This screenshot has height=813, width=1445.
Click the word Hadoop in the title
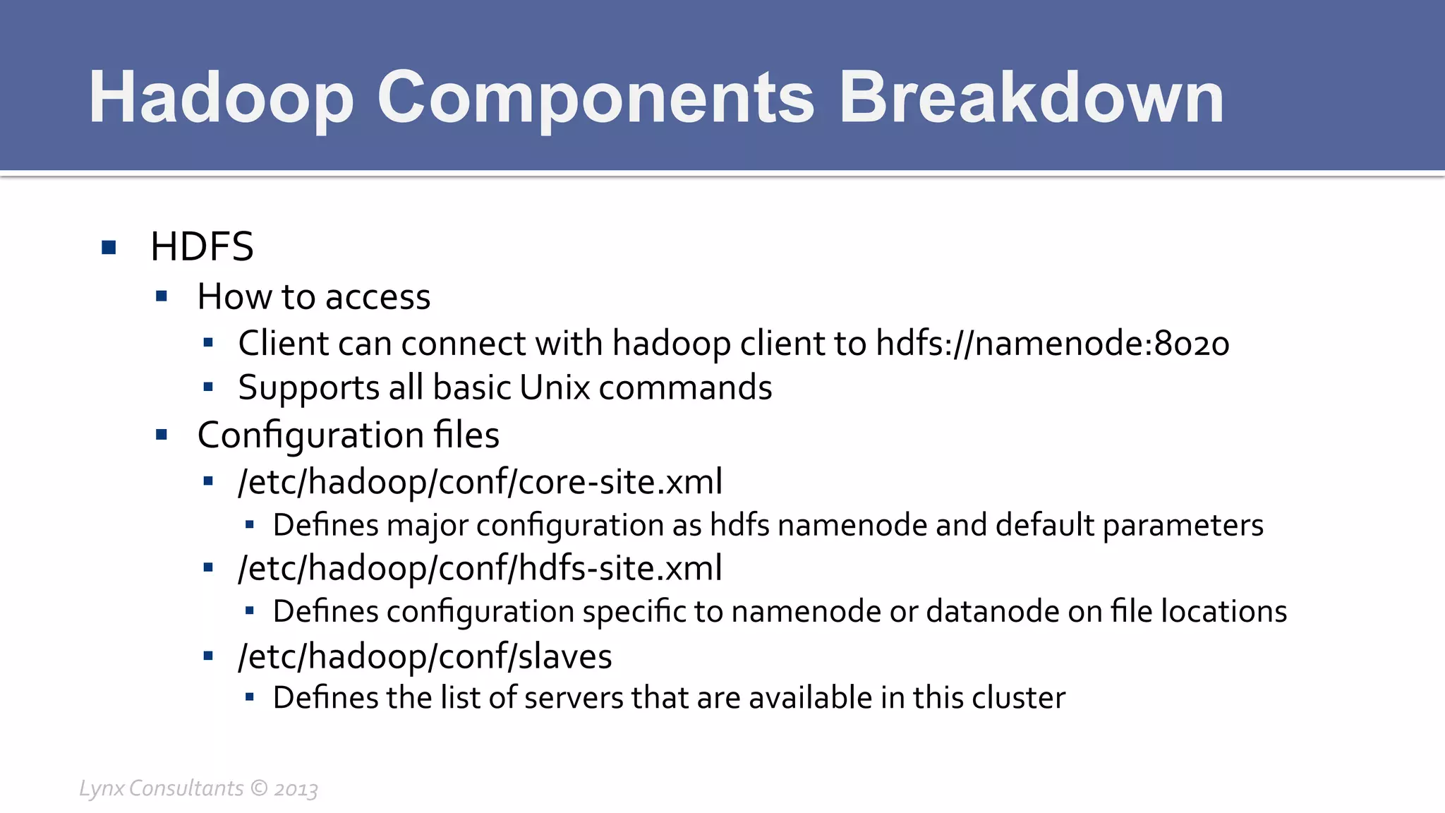coord(221,99)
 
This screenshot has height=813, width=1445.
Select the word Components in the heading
coord(595,99)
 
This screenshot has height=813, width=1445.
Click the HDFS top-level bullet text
coord(202,247)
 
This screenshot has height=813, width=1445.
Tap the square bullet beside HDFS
coord(109,247)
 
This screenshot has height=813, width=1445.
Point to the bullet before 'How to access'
coord(162,296)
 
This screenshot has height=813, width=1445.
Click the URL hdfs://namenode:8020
coord(1052,344)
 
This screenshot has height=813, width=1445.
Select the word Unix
coord(554,387)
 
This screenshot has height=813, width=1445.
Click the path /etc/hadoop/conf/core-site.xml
coord(480,482)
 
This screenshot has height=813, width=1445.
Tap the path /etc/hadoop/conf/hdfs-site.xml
coord(480,568)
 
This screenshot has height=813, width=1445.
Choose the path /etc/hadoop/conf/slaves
coord(425,656)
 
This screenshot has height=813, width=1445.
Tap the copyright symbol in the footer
coord(259,788)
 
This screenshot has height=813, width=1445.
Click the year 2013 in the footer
coord(296,789)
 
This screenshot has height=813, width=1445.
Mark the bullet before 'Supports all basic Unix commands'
coord(208,387)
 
